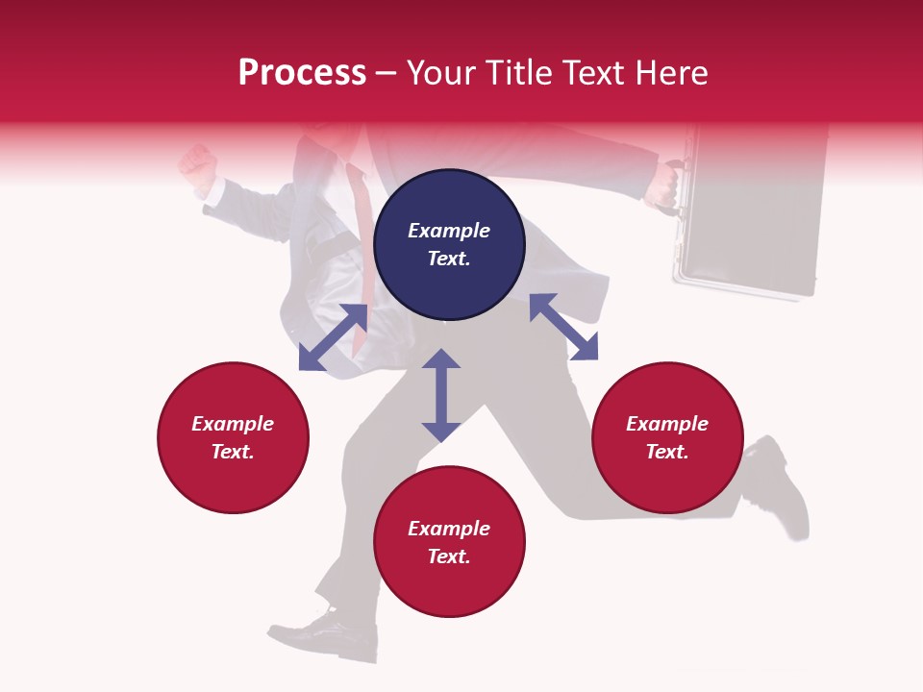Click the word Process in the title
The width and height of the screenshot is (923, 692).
[302, 73]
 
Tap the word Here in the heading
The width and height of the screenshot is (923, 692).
[670, 73]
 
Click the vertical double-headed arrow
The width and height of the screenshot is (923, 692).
[441, 395]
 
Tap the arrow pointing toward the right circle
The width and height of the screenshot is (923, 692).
[563, 327]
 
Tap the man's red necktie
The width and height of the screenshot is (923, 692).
[364, 240]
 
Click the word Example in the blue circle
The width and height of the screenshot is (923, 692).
[449, 231]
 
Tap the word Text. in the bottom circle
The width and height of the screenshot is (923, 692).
[449, 556]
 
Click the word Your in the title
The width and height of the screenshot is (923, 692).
[442, 73]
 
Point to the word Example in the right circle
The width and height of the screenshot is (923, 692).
[667, 424]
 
